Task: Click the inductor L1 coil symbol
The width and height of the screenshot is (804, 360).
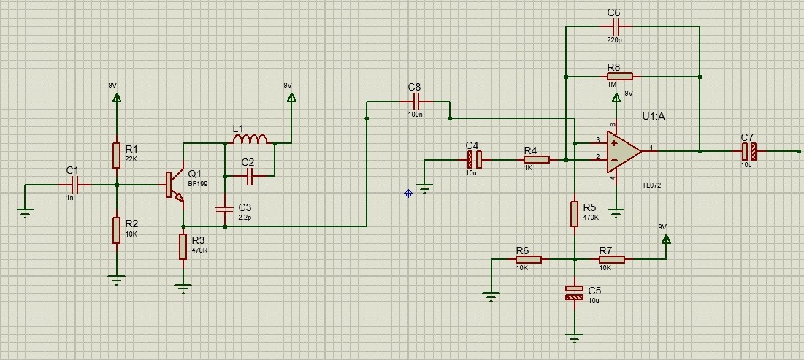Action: point(250,139)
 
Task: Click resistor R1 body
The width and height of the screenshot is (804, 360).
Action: point(116,155)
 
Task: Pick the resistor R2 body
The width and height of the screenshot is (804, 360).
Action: point(116,229)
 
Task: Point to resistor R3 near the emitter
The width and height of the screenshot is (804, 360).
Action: point(183,247)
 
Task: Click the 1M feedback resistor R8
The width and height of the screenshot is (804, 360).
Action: point(619,76)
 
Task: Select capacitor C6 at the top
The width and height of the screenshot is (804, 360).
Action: point(613,26)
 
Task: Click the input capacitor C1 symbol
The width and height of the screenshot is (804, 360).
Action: point(72,185)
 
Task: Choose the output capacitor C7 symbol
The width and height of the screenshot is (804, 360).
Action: point(749,151)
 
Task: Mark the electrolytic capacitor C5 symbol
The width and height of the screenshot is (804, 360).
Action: point(575,293)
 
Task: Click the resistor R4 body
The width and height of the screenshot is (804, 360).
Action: point(536,159)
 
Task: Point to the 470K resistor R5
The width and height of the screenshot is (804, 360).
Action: point(575,214)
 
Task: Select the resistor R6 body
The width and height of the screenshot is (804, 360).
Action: point(528,259)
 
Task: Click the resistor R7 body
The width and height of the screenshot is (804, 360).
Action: point(612,259)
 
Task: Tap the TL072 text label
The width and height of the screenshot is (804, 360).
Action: point(651,185)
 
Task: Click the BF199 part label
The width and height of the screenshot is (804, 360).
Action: point(198,184)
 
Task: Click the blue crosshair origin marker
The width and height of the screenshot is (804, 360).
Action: point(408,193)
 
